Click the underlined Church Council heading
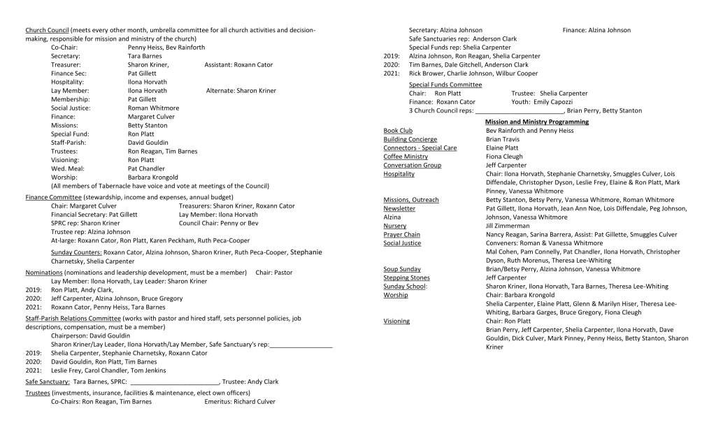click(47, 31)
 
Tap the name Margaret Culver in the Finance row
click(151, 117)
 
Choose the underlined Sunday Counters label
click(76, 252)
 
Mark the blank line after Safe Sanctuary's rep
click(300, 345)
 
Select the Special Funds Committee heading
click(445, 85)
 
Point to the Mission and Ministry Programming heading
click(536, 122)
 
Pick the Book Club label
click(398, 131)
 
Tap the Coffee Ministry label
click(406, 157)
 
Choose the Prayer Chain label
click(402, 235)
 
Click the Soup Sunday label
click(402, 269)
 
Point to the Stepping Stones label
click(406, 277)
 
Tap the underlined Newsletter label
click(399, 208)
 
